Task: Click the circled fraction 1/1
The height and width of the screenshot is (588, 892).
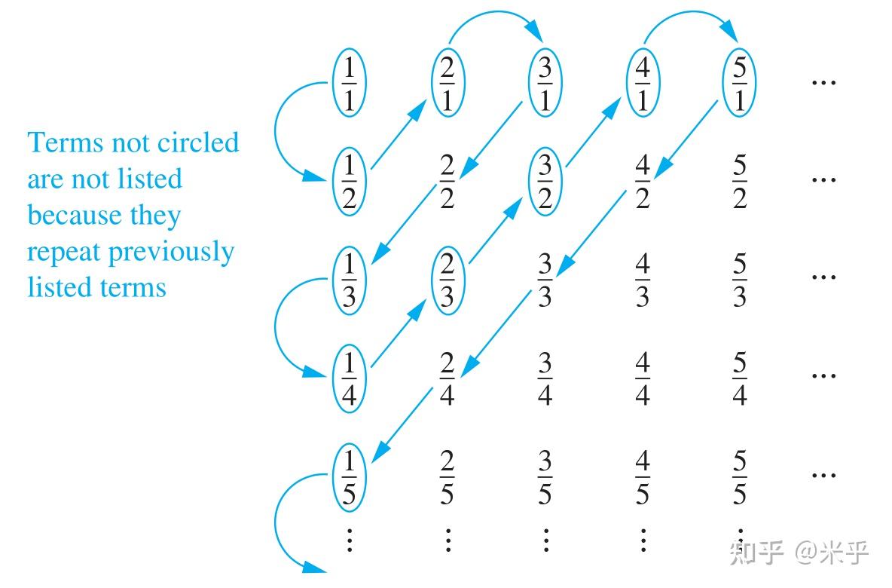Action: coord(349,83)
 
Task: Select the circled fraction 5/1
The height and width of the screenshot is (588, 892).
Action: coord(739,83)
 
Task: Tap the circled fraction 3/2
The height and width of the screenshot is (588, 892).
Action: coord(545,181)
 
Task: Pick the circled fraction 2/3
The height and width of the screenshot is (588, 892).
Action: coord(448,280)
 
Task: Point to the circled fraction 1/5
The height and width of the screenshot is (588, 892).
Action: coord(349,476)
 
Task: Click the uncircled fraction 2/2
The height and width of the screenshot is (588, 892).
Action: coord(448,181)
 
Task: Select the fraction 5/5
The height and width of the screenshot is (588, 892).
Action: coord(740,476)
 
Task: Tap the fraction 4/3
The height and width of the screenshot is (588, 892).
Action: coord(643,280)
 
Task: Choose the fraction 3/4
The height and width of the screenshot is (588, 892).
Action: coord(545,378)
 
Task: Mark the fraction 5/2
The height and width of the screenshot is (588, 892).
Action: coord(740,181)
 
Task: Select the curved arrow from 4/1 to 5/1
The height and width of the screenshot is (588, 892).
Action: coord(689,13)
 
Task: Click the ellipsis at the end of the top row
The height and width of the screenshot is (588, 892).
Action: coord(823,83)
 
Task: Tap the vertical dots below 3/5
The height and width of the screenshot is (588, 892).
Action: coord(545,541)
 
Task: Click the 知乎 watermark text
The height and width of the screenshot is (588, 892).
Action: coord(756,552)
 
